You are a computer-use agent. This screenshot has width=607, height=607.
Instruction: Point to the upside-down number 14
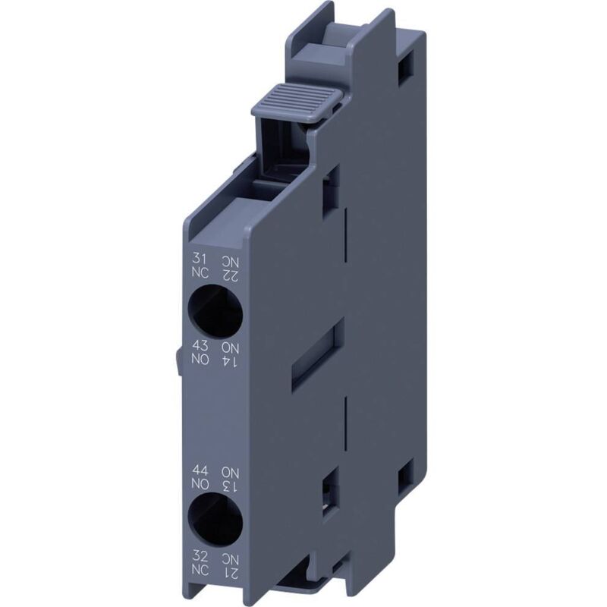click(x=231, y=360)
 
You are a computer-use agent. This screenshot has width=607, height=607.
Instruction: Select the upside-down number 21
click(x=231, y=571)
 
